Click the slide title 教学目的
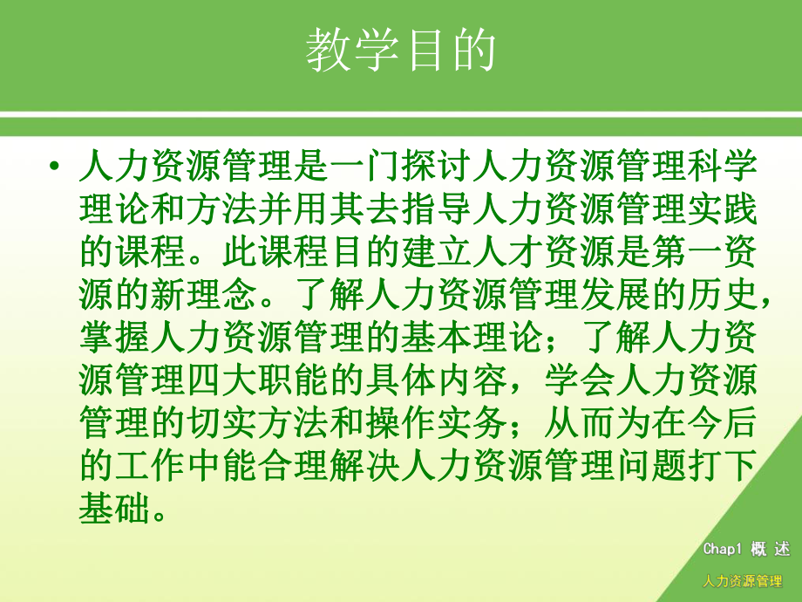pyautogui.click(x=401, y=50)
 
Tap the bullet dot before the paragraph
pyautogui.click(x=55, y=168)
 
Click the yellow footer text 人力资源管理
pyautogui.click(x=742, y=581)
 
